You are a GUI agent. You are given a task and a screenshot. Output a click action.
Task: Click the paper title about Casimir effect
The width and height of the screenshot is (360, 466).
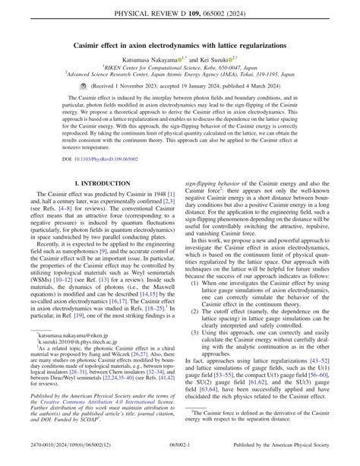(x=179, y=46)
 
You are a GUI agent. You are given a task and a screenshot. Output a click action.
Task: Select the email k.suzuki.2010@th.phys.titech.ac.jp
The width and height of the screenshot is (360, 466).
(x=74, y=365)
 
